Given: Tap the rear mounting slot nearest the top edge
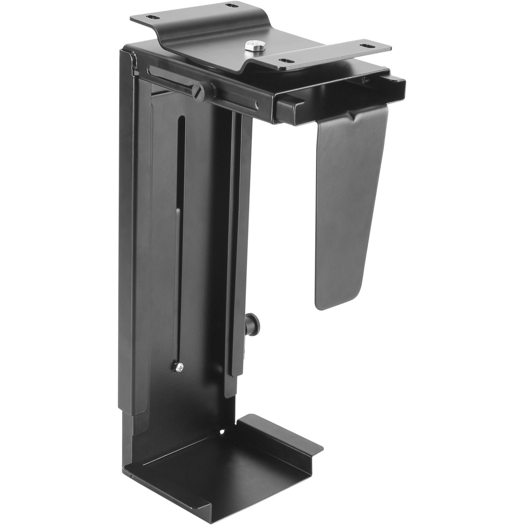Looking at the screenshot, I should pyautogui.click(x=230, y=6).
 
